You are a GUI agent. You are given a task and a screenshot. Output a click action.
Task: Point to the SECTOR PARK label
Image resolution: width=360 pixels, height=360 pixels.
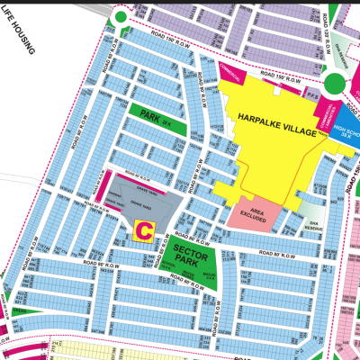[x=184, y=253]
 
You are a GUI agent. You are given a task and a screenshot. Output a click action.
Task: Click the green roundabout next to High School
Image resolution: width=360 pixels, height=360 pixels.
[x=335, y=84]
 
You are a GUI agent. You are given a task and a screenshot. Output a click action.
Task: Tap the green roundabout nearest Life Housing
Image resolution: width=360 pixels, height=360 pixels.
[x=119, y=18]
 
